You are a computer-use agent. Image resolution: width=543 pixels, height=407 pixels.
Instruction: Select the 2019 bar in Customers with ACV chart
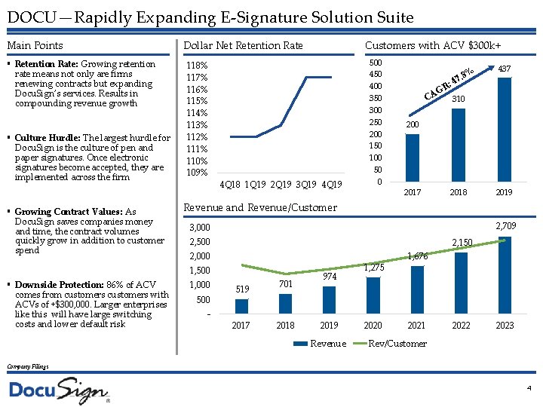(505, 129)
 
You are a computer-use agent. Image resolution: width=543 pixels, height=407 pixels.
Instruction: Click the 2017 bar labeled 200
(413, 158)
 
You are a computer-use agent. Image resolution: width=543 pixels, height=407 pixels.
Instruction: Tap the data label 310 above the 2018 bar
(459, 99)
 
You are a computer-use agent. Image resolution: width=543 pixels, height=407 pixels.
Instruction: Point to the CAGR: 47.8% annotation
(449, 84)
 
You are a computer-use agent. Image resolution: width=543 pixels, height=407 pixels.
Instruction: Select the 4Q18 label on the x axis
(230, 185)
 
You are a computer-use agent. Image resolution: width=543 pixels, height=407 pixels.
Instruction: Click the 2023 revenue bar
(505, 274)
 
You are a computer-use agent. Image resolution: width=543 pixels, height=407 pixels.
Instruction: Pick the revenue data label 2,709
(505, 225)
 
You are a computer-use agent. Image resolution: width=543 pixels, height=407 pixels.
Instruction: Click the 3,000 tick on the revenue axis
(200, 228)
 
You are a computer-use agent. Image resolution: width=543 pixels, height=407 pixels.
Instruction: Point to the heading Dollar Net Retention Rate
(243, 46)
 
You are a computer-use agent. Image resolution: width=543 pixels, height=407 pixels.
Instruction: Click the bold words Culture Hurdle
(47, 138)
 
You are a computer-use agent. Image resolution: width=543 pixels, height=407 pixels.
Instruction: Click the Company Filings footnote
(28, 366)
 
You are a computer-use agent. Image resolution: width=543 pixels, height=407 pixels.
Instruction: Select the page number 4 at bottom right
(529, 387)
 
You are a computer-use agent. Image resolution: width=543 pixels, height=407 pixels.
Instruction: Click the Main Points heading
(35, 46)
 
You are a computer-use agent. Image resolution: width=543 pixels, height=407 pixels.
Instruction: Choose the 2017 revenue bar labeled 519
(241, 305)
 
